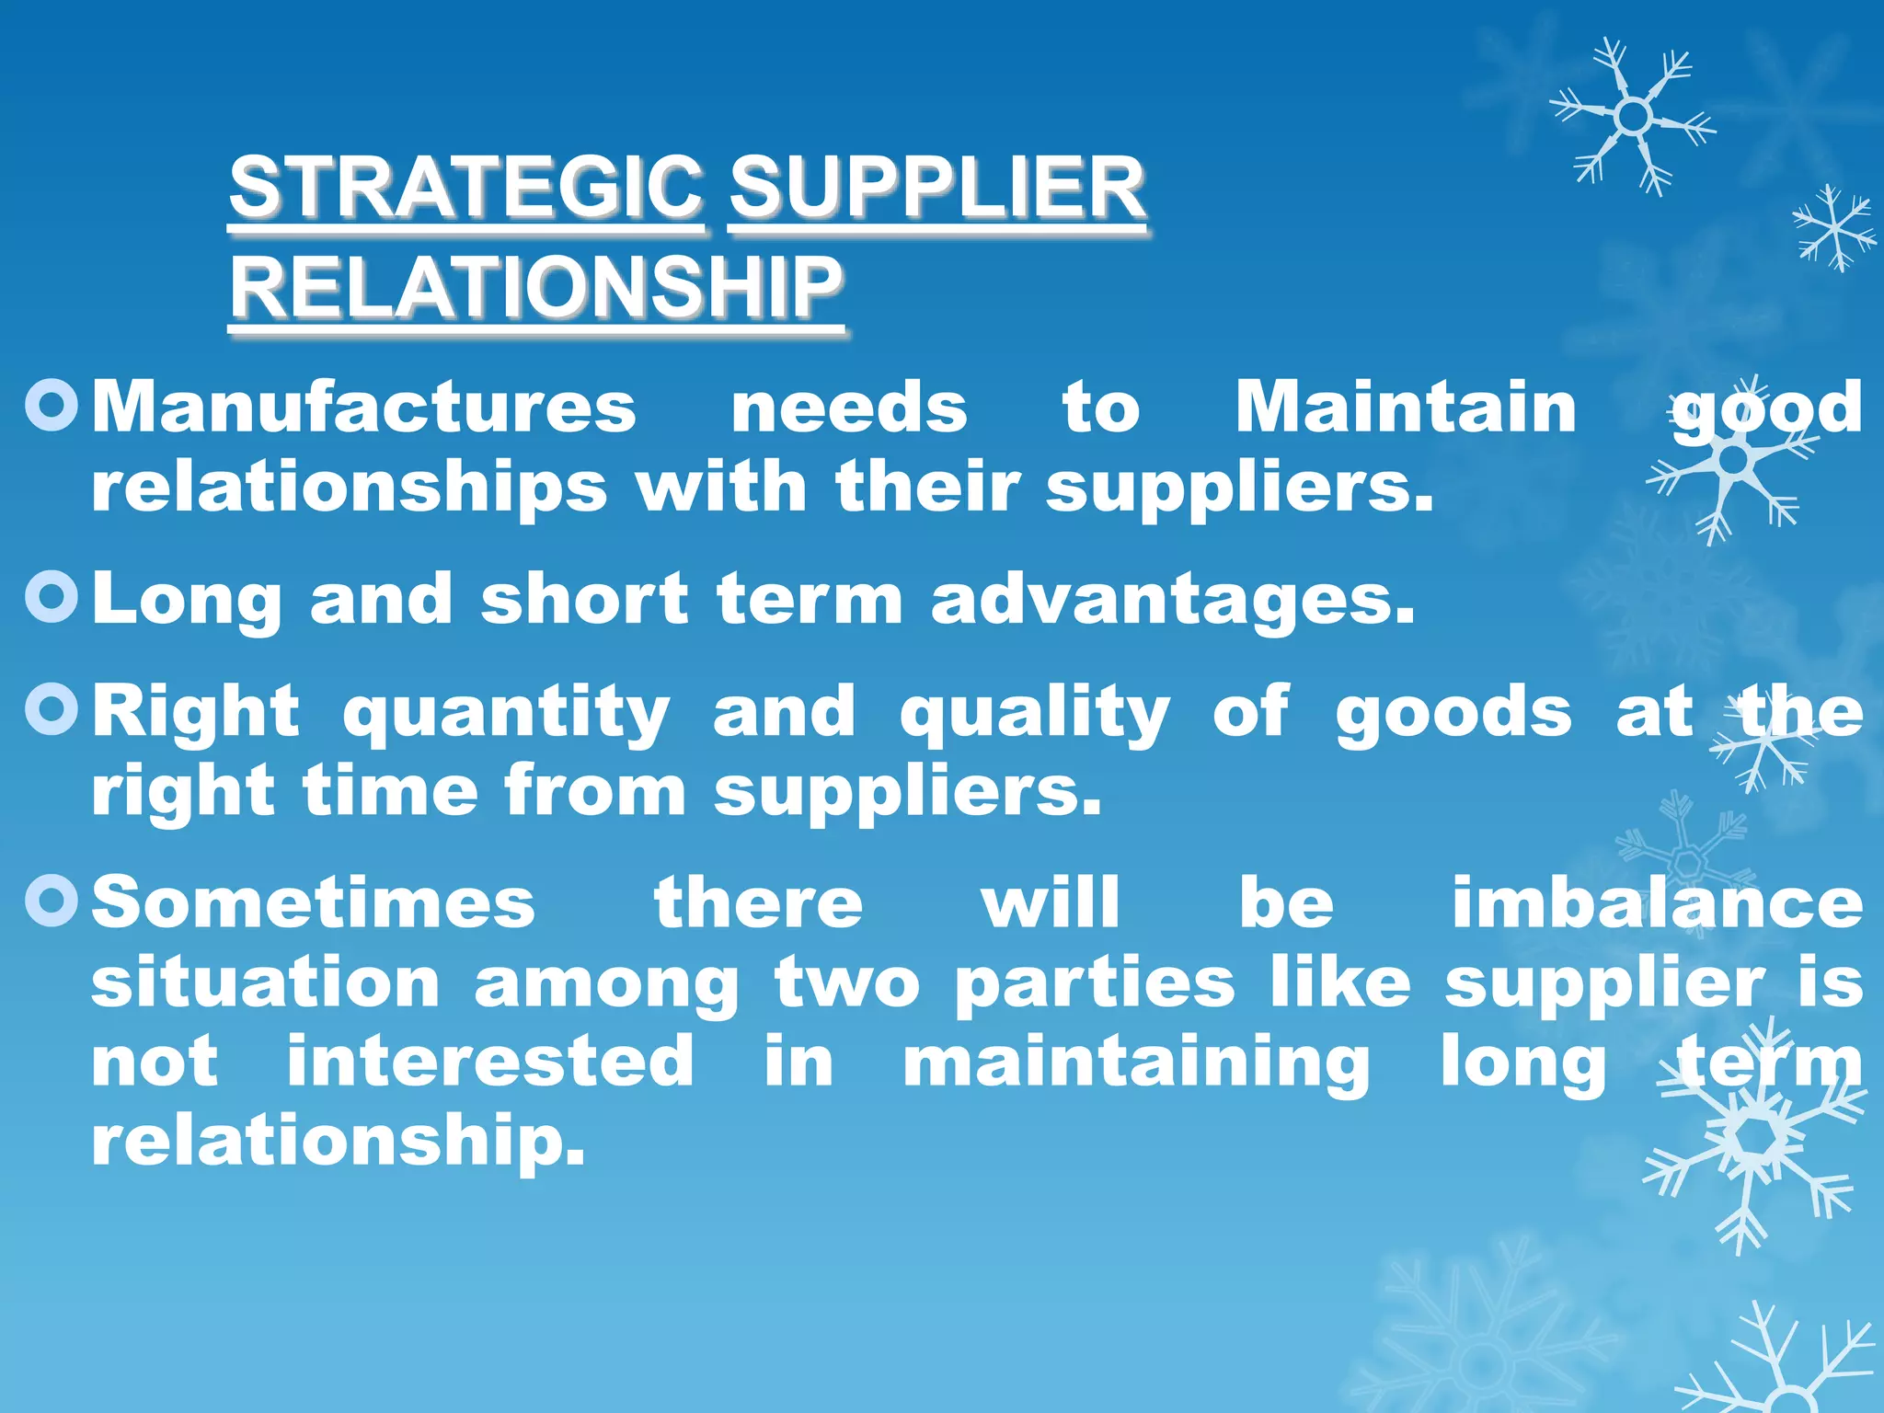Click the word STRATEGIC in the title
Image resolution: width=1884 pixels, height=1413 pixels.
point(466,188)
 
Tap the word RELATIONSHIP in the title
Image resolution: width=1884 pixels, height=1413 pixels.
point(535,287)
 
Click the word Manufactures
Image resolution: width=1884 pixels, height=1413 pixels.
point(364,408)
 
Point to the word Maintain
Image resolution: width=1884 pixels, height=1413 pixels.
point(1406,408)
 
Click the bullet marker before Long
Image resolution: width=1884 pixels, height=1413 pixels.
point(52,598)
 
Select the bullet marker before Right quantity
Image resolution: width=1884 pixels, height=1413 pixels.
point(52,709)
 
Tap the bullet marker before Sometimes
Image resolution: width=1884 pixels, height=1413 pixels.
point(52,901)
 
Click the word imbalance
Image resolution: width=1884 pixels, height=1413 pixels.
point(1658,903)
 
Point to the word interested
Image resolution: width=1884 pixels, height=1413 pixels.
point(490,1062)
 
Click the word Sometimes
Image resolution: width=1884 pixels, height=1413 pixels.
point(314,903)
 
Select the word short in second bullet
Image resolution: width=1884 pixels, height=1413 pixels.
point(584,600)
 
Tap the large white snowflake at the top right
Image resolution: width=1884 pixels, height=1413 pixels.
point(1633,117)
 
